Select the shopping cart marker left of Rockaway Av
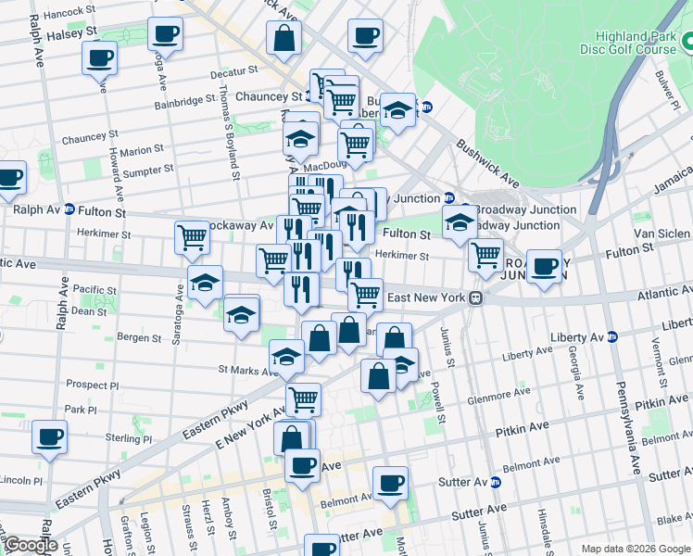pyautogui.click(x=192, y=237)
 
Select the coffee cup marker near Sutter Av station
pyautogui.click(x=390, y=484)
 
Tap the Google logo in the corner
pyautogui.click(x=30, y=545)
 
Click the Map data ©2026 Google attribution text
pyautogui.click(x=636, y=549)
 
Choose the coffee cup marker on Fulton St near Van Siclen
pyautogui.click(x=546, y=267)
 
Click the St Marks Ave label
pyautogui.click(x=248, y=370)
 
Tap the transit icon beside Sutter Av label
pyautogui.click(x=495, y=483)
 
